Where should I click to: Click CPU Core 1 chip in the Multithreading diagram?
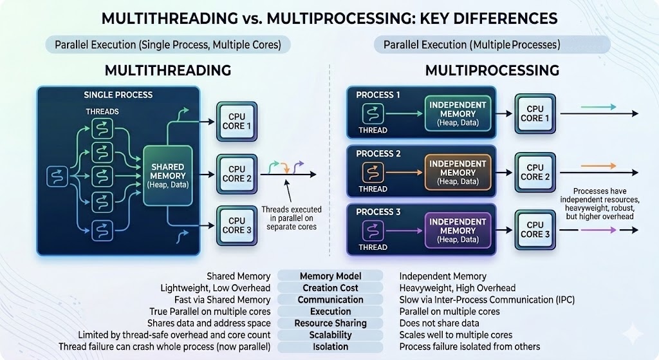[237, 121]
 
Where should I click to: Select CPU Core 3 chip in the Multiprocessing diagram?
[535, 229]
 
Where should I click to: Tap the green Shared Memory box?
[168, 175]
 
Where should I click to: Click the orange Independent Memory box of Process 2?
[458, 172]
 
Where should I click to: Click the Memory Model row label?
[330, 276]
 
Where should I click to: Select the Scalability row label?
[330, 335]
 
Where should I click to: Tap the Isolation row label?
[330, 346]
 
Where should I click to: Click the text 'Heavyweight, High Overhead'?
[457, 288]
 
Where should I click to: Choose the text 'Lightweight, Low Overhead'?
[215, 288]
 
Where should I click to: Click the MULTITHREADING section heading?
[168, 70]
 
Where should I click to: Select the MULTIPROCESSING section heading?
[492, 70]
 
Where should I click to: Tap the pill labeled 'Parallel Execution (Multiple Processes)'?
[472, 45]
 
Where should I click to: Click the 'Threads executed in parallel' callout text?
[289, 218]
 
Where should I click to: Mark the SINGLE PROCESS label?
[118, 95]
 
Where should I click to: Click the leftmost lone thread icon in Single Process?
[57, 175]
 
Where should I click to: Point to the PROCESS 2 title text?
[378, 153]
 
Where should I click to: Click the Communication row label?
[330, 299]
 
